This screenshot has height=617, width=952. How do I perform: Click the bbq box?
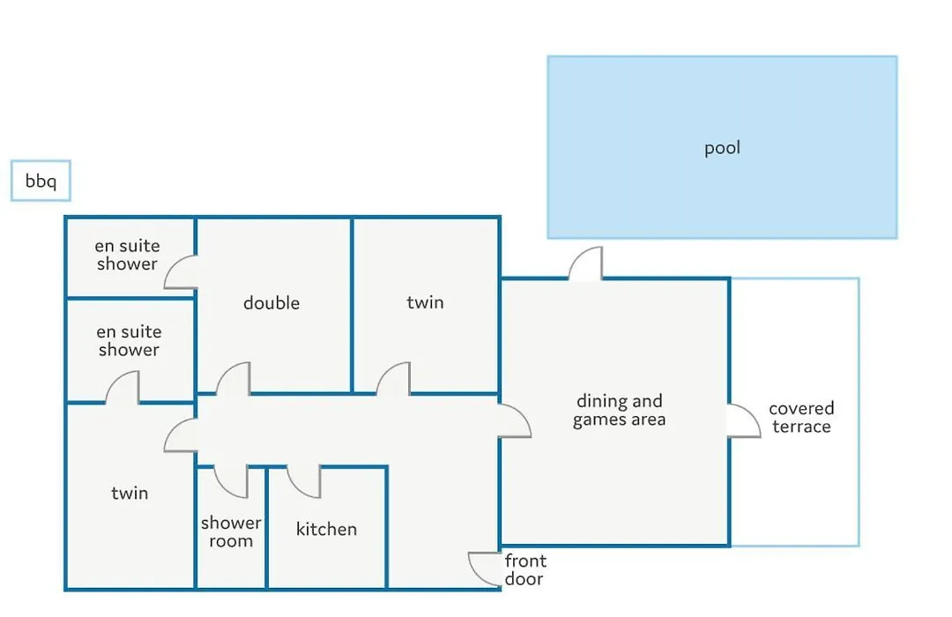41,181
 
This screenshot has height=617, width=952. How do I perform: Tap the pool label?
722,148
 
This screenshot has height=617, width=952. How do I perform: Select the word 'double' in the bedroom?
271,302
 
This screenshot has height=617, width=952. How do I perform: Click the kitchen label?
326,529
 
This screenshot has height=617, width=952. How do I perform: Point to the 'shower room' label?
231,532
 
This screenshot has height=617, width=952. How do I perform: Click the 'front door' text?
525,569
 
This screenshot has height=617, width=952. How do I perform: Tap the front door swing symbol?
484,569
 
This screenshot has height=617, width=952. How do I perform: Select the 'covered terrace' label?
801,417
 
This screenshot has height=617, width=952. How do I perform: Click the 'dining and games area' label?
619,410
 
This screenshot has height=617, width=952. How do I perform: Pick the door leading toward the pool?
585,263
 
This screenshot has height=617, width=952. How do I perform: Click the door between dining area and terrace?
744,420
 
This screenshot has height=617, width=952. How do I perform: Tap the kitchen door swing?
303,482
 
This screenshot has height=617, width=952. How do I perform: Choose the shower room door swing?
231,482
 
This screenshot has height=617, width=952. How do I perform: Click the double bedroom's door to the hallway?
233,378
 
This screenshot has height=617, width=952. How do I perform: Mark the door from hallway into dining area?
515,420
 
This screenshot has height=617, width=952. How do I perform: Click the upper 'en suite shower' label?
128,255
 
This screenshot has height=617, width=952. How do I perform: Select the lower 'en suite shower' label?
129,340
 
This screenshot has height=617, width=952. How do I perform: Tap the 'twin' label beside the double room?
425,301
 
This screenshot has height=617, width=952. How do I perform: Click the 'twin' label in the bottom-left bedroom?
130,493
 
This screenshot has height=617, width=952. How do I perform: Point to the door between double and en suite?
181,271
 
